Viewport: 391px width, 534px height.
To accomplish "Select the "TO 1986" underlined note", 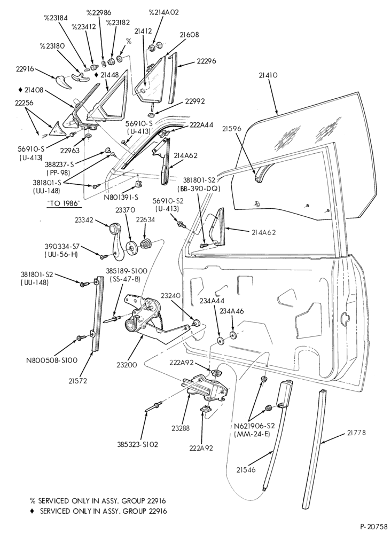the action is [64, 203].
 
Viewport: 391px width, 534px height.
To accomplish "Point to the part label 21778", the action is [357, 433].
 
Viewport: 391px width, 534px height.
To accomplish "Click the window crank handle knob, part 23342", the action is [113, 226].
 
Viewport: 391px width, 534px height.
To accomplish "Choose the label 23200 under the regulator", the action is [127, 365].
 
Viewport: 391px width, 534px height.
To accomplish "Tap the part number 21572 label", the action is [77, 381].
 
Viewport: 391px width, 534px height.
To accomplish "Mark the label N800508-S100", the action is [52, 360].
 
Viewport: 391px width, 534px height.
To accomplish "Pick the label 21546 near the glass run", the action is [246, 469].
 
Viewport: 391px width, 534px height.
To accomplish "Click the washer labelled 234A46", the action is [233, 335].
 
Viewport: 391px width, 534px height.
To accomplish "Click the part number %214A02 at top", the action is [164, 12].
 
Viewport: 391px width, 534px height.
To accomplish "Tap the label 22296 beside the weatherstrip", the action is [206, 61].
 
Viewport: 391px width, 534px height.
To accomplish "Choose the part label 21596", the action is [232, 128].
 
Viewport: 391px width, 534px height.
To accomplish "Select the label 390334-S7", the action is [62, 246].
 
